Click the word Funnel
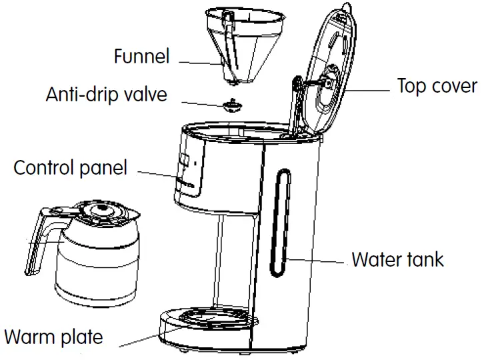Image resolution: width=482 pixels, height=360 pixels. [142, 56]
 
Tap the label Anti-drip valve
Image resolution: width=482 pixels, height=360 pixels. [106, 94]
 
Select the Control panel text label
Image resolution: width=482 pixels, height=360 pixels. [70, 167]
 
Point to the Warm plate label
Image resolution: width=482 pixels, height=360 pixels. [53, 336]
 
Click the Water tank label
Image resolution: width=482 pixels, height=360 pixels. [397, 259]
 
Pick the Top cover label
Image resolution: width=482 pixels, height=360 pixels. [437, 86]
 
